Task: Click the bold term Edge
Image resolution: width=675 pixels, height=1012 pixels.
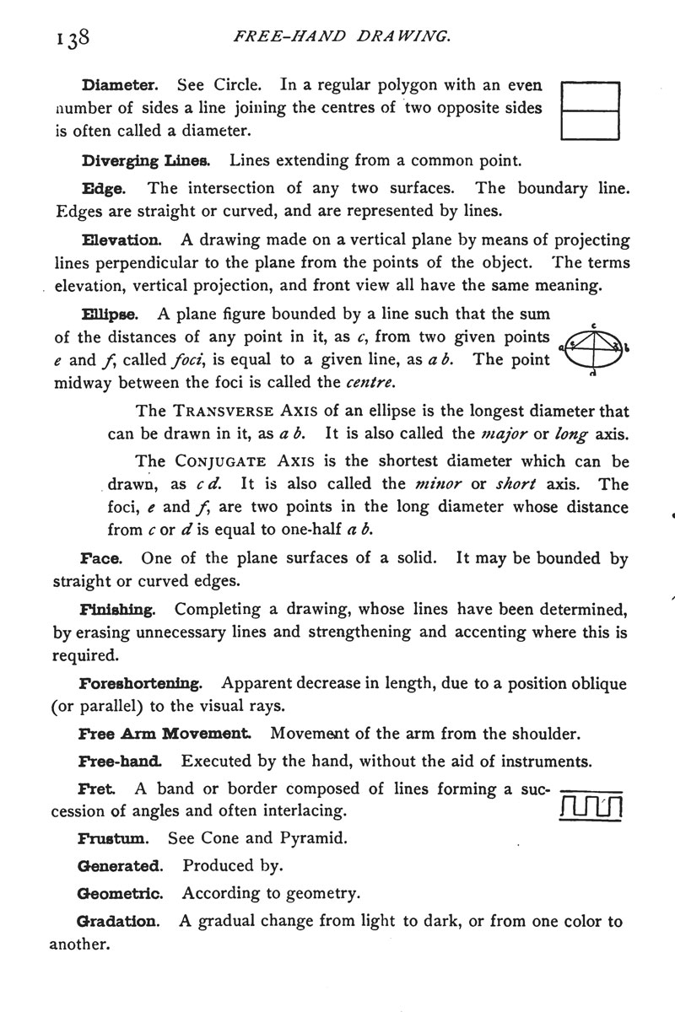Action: click(104, 188)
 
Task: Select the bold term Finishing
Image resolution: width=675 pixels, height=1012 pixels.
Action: click(116, 610)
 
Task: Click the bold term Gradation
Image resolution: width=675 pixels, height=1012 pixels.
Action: click(119, 922)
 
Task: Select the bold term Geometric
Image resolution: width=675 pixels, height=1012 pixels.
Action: click(119, 892)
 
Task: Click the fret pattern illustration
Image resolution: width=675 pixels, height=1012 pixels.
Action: click(591, 808)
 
